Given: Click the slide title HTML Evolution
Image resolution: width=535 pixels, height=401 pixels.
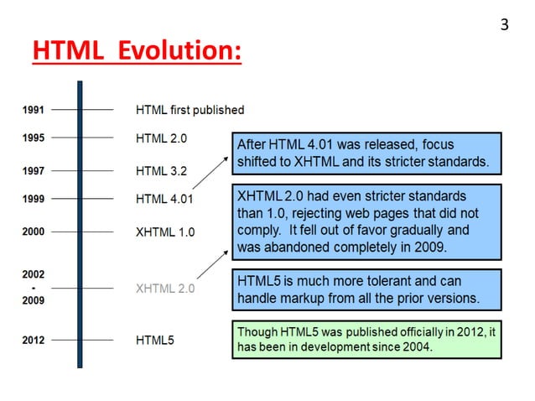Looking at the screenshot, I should (x=137, y=52).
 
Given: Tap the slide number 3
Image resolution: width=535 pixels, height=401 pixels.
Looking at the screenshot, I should (x=504, y=25).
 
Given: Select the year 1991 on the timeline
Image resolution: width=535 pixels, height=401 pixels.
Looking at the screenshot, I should (x=34, y=109).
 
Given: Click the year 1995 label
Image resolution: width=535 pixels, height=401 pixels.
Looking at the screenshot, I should (x=34, y=138).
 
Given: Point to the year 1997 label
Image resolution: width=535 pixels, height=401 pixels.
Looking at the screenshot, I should (x=34, y=170).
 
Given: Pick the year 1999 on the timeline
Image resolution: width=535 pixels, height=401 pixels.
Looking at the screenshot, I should (x=34, y=200).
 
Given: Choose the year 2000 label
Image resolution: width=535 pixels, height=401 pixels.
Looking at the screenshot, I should (x=34, y=232).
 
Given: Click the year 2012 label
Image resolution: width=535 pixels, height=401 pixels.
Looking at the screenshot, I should (x=34, y=341).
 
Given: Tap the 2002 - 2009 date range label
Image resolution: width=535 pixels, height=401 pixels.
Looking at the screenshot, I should (x=34, y=287).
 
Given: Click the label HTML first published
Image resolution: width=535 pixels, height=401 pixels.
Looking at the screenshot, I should (x=190, y=110).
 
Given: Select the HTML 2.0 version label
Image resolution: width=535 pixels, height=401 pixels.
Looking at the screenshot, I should (x=161, y=138).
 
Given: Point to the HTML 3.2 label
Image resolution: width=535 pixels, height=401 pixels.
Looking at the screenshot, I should (x=161, y=171).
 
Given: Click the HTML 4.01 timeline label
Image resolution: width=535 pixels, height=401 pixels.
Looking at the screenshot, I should (x=164, y=200).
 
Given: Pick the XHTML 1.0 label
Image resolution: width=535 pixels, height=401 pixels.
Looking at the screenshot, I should (x=165, y=232).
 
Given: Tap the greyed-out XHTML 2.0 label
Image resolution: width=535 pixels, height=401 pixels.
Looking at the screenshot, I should (x=165, y=289).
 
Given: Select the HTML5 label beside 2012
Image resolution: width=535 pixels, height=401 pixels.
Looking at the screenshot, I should (x=155, y=341).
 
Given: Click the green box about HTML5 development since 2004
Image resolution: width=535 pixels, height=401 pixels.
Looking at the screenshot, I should (x=366, y=341).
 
